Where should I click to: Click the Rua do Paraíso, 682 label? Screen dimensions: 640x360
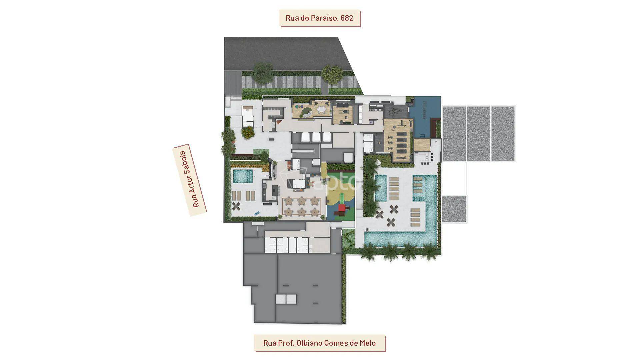click(319, 18)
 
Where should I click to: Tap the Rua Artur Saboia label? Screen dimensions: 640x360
click(190, 180)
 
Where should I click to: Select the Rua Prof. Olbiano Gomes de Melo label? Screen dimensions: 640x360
click(319, 343)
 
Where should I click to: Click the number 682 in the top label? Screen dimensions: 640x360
click(347, 18)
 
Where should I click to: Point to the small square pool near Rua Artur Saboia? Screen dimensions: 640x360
click(243, 176)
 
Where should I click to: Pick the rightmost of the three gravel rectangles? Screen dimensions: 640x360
click(503, 133)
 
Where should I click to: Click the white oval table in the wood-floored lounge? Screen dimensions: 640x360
click(322, 109)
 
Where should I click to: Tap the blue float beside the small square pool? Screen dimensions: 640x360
click(257, 213)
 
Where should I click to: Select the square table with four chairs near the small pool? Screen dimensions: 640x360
click(236, 206)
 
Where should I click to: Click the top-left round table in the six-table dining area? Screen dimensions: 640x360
click(289, 201)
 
